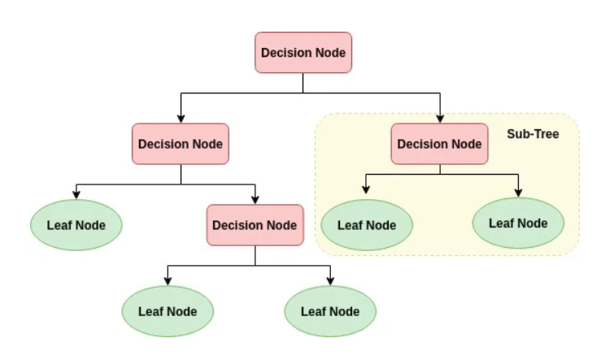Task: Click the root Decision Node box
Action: point(303,53)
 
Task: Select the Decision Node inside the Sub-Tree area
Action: point(439,144)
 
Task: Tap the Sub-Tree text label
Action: point(533,133)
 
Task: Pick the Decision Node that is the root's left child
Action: point(181,144)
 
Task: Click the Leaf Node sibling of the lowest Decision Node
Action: point(76,224)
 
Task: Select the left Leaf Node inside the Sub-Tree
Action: point(366,224)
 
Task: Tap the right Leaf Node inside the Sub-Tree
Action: point(518,222)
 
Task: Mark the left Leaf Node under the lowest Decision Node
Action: point(167,310)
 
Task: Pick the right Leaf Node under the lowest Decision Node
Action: point(329,310)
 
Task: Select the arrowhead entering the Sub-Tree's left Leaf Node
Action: point(366,192)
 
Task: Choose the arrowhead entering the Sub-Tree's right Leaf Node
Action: point(518,192)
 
